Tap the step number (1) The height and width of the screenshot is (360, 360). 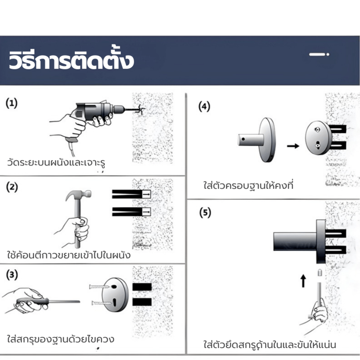[12, 103]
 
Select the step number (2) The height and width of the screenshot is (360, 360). [12, 187]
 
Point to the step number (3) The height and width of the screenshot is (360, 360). [12, 275]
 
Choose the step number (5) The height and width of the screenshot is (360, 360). [205, 212]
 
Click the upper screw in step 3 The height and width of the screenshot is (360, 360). [99, 287]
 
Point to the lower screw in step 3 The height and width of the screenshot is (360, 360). [101, 303]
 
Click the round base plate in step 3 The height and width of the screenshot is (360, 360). [115, 295]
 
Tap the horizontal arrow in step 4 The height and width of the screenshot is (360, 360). [293, 146]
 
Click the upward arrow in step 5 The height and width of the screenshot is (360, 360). [303, 281]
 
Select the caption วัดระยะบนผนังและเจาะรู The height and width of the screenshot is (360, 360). [56, 163]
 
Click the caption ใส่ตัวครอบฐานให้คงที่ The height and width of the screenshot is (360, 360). [248, 185]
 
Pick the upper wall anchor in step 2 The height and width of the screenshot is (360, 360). [131, 194]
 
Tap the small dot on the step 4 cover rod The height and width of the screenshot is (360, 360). [243, 139]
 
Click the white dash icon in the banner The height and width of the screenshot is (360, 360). [319, 54]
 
